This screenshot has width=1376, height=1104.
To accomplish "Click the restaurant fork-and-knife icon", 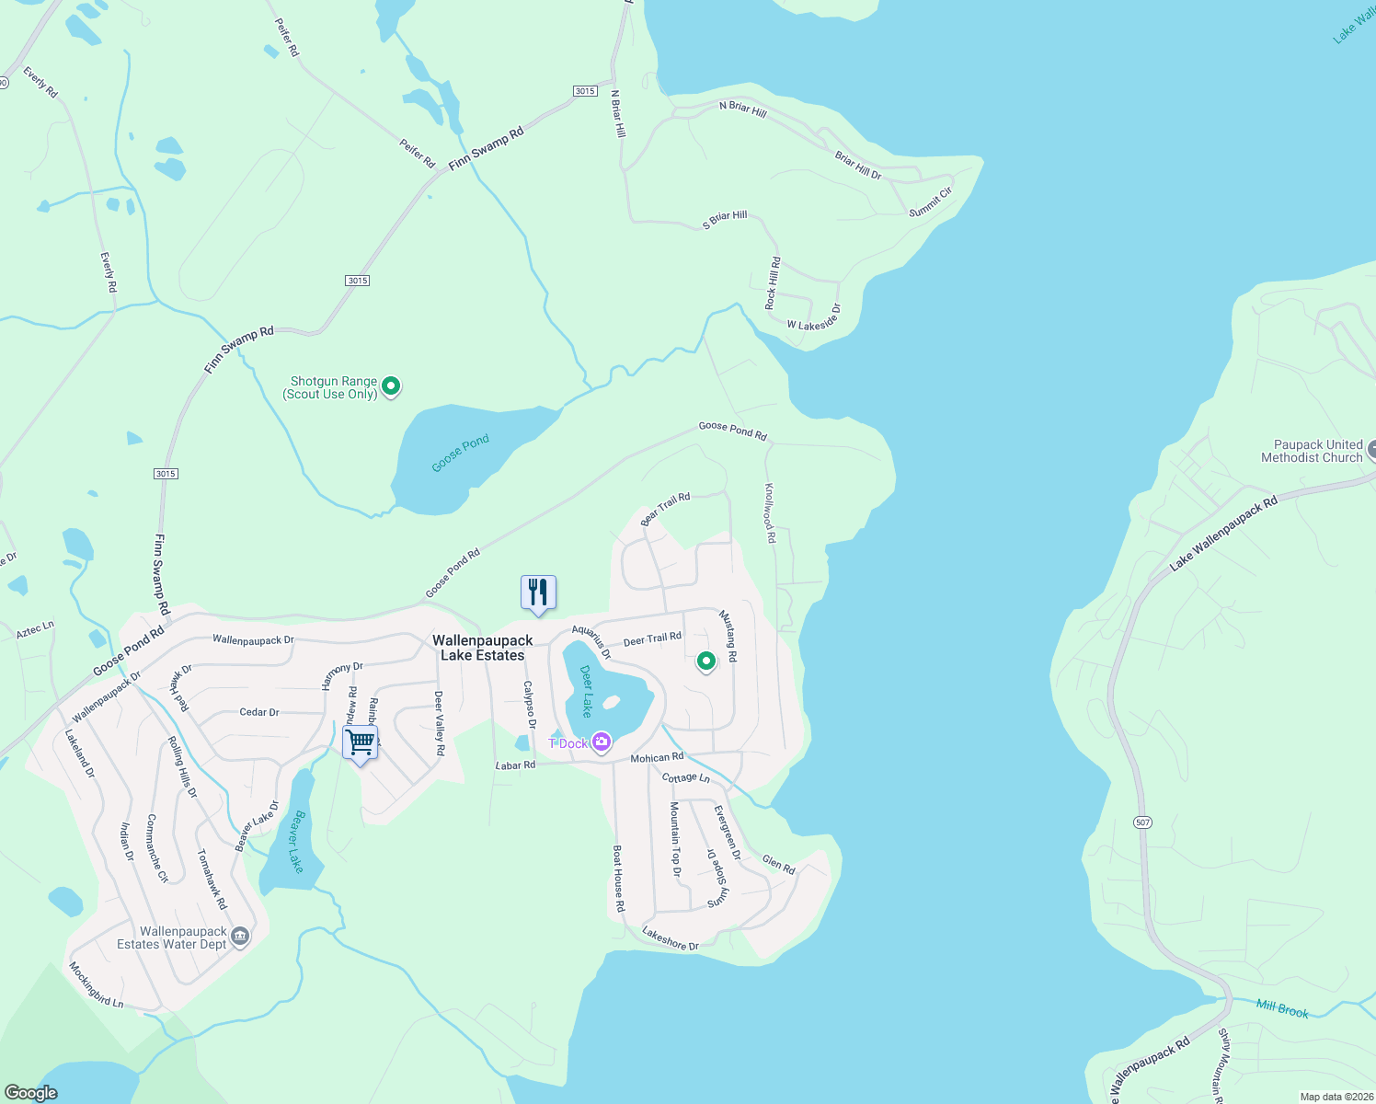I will pos(538,592).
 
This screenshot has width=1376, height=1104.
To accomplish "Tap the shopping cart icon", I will pos(361,742).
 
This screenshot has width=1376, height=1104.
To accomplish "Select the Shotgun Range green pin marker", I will pos(391,386).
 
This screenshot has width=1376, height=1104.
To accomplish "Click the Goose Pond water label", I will pos(461,454).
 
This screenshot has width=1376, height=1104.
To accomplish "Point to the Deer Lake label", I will pos(586,691).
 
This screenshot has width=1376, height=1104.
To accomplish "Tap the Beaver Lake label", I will pos(294,841).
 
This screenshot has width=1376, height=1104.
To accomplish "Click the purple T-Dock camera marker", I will pos(602,742).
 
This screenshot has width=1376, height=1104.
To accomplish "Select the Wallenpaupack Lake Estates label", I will pos(483,648).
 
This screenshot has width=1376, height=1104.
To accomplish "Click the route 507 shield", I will pos(1142,822).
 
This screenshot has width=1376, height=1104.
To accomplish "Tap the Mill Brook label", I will pos(1282,1009).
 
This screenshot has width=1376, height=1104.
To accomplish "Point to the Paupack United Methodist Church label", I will pos(1312,451).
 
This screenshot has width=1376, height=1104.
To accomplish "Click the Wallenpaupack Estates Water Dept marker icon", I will pos(240,937).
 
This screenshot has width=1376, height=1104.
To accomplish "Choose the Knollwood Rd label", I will pos(770,512).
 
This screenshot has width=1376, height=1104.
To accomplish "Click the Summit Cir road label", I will pos(931,202).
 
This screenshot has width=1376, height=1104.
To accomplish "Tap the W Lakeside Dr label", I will pos(814,318).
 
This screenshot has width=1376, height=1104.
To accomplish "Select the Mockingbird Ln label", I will pos(96,985).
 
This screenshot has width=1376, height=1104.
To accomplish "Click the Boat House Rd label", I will pos(619,879).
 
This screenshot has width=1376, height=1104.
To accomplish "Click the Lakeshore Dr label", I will pos(671,938).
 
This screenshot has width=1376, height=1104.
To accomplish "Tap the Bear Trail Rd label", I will pos(665,508).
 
